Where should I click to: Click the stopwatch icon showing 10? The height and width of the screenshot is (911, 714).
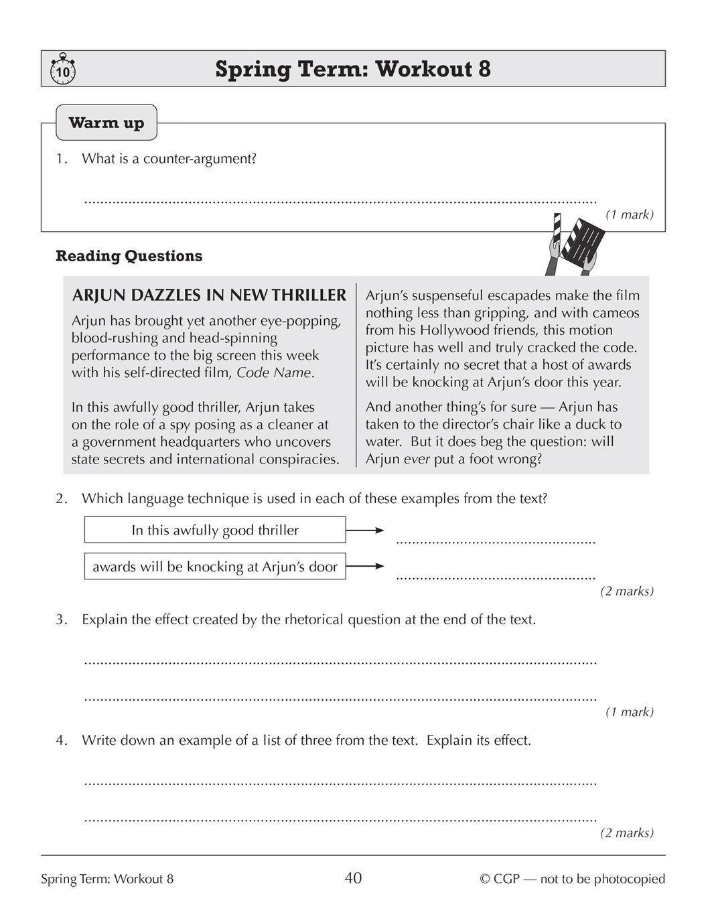coord(62,70)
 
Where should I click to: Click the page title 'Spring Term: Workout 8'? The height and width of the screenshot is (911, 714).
coord(353,69)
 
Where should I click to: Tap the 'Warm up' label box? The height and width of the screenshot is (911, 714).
coord(106,123)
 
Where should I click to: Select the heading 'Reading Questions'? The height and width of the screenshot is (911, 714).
coord(129,256)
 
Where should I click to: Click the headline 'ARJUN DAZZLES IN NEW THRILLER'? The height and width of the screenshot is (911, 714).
coord(209,295)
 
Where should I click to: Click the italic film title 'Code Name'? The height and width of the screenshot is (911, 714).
coord(274,373)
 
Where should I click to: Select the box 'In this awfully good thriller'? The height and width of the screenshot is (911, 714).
coord(215,530)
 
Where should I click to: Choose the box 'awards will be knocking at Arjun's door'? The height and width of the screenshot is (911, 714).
coord(215,567)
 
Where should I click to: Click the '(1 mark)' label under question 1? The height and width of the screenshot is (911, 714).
coord(629,215)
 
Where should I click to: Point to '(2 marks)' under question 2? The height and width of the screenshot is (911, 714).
coord(626,591)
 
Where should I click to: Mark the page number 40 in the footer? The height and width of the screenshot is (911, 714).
coord(353,878)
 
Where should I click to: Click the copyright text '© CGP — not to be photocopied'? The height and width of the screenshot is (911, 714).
coord(573,879)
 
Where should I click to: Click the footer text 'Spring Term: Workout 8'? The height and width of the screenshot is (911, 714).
coord(107,879)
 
